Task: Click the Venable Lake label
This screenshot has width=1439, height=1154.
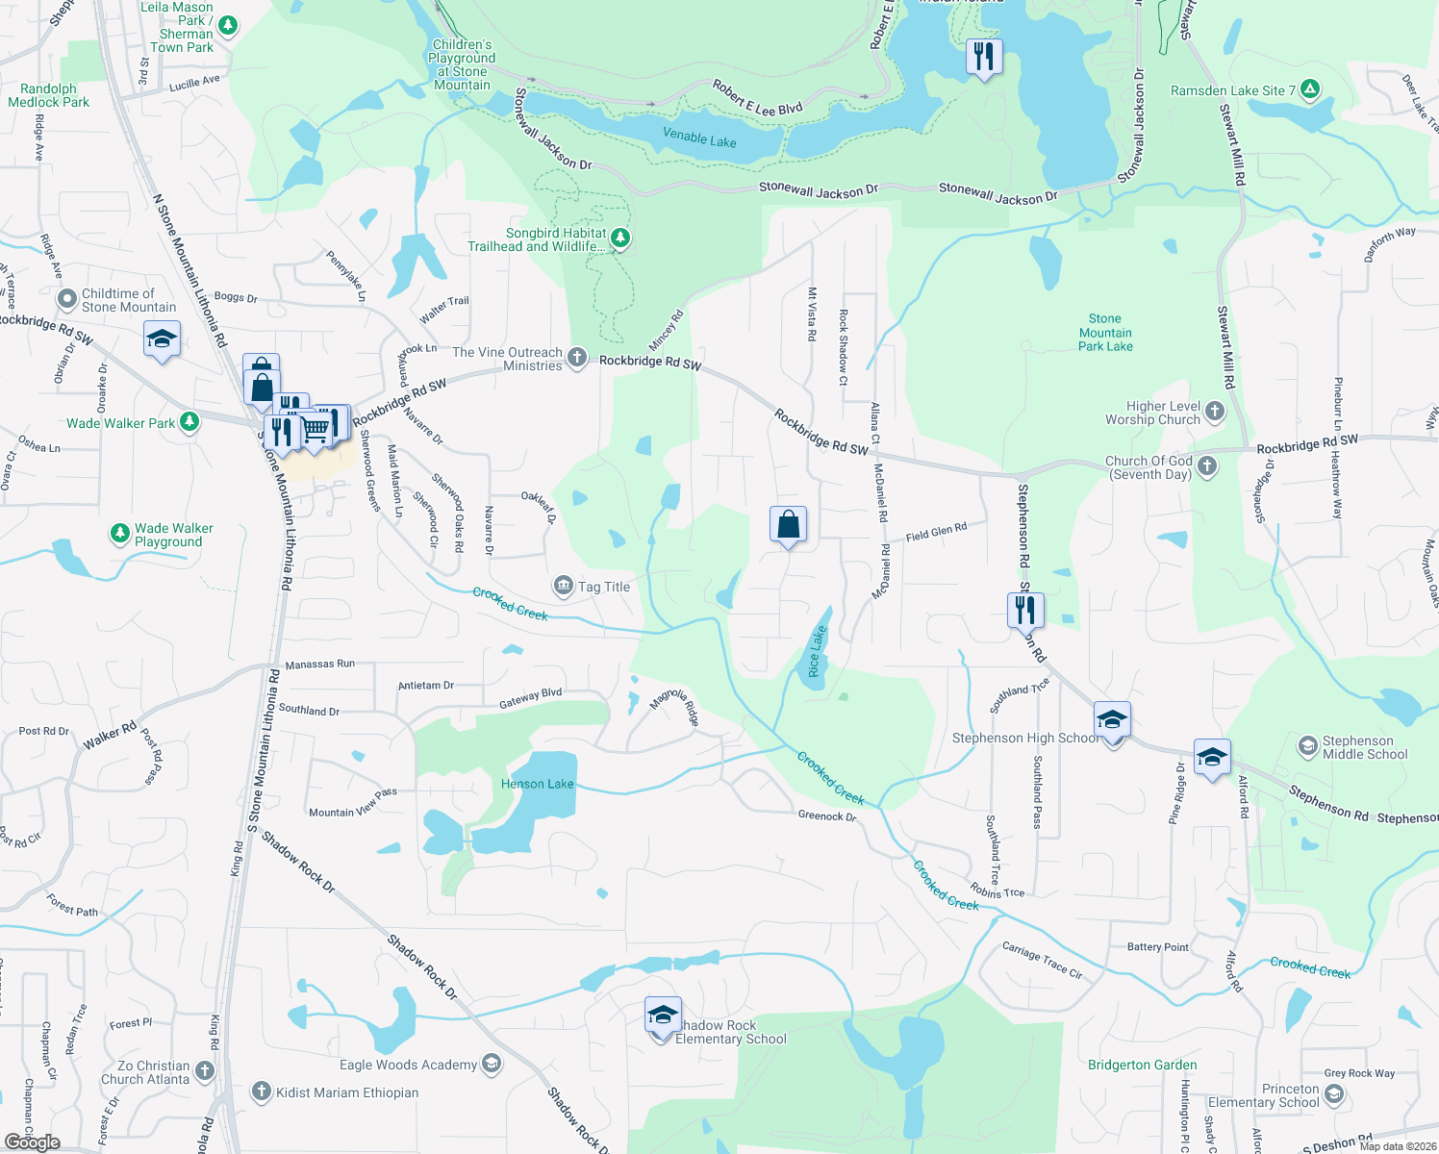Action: click(699, 138)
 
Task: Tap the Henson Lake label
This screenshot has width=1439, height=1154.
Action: click(537, 784)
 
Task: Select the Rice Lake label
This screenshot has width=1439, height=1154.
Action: click(816, 652)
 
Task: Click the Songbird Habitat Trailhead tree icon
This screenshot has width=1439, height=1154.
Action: click(620, 237)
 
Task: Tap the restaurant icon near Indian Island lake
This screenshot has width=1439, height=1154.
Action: click(983, 57)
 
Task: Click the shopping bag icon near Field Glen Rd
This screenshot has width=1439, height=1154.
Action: click(788, 525)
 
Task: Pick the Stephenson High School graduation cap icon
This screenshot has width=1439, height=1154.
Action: click(1112, 720)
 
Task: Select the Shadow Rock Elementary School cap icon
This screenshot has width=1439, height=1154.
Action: click(662, 1016)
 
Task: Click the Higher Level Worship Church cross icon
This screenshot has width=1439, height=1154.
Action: click(1215, 412)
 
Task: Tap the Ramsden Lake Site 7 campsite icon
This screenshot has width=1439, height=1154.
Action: click(1308, 89)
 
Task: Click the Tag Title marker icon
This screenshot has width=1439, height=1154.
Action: click(563, 586)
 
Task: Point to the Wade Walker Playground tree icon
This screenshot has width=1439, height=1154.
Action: click(119, 533)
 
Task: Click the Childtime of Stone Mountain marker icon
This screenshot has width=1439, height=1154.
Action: click(66, 299)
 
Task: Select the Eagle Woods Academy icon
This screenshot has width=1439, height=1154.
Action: click(491, 1063)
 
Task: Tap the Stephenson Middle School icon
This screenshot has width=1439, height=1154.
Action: click(1307, 746)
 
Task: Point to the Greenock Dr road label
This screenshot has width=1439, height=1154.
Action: click(826, 816)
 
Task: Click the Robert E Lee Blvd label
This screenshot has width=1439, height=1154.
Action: click(757, 98)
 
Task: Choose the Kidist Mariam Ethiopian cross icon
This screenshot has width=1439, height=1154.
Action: click(261, 1091)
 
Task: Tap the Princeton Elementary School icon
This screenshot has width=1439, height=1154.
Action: click(1333, 1094)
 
